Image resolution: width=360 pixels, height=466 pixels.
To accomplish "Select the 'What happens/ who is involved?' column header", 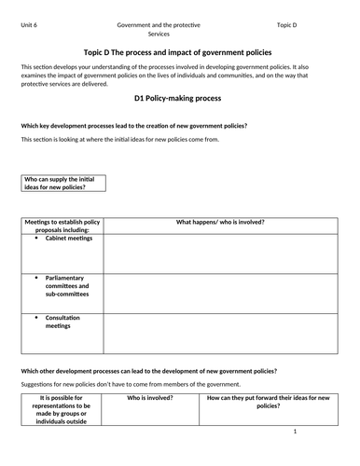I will pos(220,222).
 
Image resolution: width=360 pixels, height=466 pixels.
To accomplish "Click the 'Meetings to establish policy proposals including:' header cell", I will pos(61,226).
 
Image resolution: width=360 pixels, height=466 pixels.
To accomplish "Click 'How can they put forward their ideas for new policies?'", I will pos(267,401).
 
